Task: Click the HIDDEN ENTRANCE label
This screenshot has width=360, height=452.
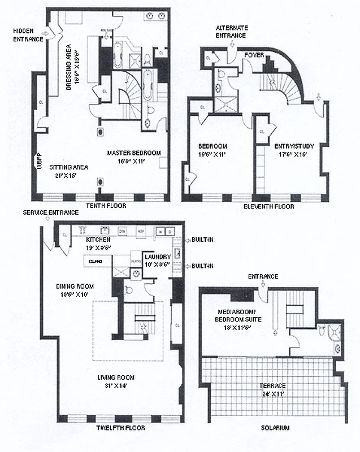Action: pyautogui.click(x=28, y=36)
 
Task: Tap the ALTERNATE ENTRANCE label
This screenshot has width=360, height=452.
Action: pyautogui.click(x=231, y=32)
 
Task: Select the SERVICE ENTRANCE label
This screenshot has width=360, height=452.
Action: pyautogui.click(x=50, y=212)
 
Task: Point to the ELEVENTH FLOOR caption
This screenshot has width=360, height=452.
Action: pyautogui.click(x=269, y=207)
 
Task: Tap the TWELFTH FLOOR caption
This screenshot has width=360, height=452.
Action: pyautogui.click(x=119, y=428)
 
